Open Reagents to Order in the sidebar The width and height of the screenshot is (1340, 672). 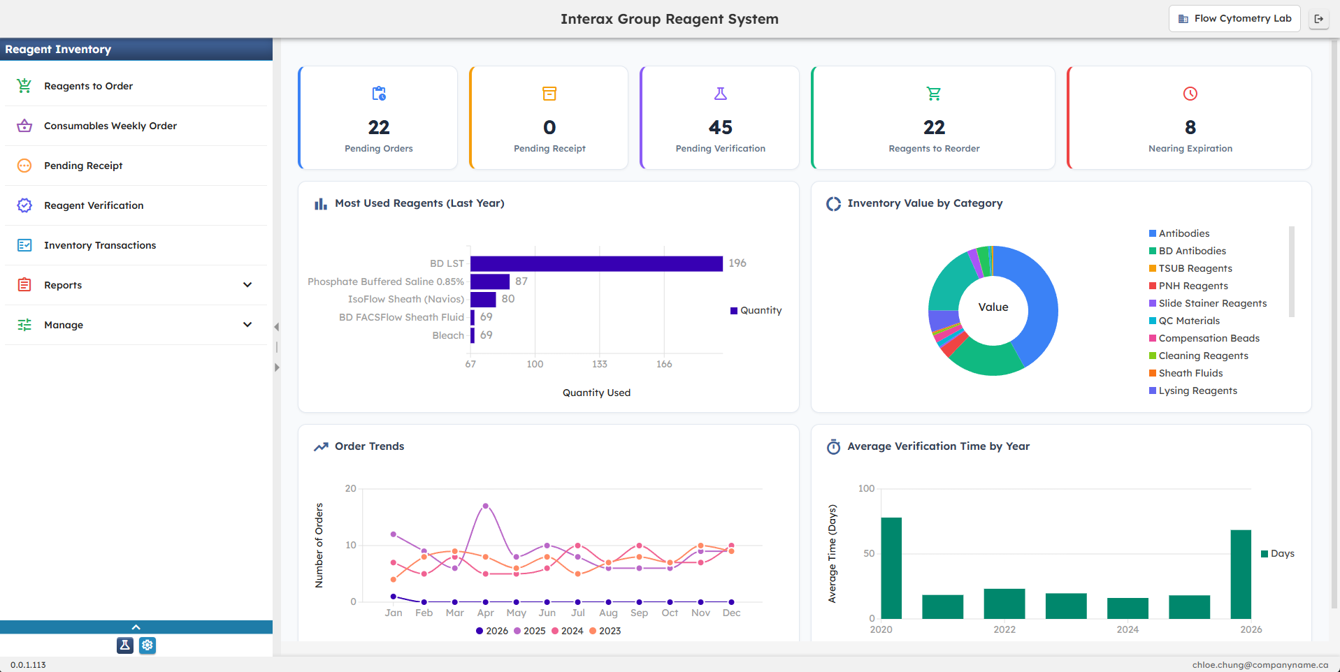(x=88, y=86)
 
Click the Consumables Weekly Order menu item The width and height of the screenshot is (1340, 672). (x=110, y=126)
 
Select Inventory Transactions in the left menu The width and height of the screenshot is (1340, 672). (x=99, y=245)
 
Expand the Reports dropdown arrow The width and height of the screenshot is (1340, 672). (x=247, y=285)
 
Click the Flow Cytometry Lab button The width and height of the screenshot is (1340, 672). (x=1234, y=19)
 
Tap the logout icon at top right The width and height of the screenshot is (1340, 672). (x=1319, y=19)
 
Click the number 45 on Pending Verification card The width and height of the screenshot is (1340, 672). (x=720, y=127)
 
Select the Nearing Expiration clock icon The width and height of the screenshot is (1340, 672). (x=1190, y=94)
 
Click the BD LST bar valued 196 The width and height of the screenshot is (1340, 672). (x=596, y=263)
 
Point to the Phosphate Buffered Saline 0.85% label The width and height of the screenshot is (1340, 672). (x=386, y=282)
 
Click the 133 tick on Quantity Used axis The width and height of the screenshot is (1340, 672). (x=599, y=364)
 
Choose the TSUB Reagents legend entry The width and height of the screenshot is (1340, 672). (x=1195, y=268)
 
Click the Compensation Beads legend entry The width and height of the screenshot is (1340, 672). (x=1209, y=338)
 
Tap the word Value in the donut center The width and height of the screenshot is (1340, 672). (x=993, y=307)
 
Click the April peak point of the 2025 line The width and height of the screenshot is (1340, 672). (x=485, y=506)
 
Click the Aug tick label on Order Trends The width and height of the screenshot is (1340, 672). (x=608, y=613)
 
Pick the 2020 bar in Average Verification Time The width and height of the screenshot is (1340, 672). (x=891, y=567)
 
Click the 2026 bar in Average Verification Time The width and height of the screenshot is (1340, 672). (x=1241, y=574)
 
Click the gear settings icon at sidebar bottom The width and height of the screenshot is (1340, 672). (x=147, y=645)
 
